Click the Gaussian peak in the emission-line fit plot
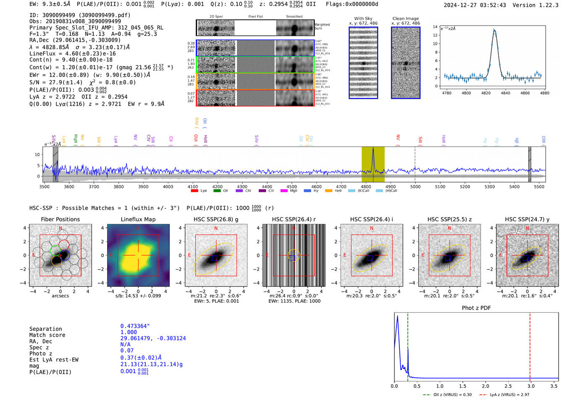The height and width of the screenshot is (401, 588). [494, 30]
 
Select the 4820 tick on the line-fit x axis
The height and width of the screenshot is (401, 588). [486, 93]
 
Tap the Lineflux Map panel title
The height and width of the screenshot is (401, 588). [138, 219]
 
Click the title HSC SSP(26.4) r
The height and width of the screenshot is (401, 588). [294, 219]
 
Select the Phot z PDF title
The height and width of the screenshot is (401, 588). [476, 308]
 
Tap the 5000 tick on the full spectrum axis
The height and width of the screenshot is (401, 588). [415, 187]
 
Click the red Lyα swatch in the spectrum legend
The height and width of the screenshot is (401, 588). [194, 191]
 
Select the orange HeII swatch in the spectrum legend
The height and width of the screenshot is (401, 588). [328, 191]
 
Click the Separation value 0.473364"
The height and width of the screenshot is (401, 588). [135, 326]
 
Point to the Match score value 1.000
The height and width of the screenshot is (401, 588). [129, 332]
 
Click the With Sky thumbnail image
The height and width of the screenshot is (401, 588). [363, 63]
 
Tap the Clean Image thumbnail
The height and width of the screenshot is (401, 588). [406, 63]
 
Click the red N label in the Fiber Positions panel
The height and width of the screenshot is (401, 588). [60, 228]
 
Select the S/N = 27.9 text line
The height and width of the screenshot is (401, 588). [56, 82]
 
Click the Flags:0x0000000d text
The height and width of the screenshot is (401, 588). [352, 4]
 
